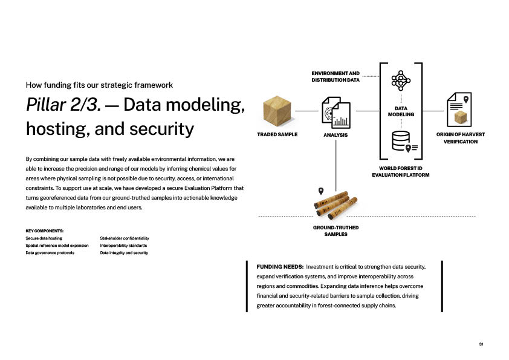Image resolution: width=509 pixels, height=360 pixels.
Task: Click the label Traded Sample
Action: click(x=277, y=134)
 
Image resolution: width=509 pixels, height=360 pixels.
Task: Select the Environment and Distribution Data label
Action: click(x=336, y=76)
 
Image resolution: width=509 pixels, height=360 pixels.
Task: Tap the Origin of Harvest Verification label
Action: click(x=461, y=138)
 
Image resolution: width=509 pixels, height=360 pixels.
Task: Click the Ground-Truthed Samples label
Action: click(x=336, y=231)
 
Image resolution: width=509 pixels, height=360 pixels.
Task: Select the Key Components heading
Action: click(x=45, y=231)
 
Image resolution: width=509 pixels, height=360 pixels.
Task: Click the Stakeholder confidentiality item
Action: click(x=125, y=238)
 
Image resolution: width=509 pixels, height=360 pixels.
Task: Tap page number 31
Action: click(x=481, y=344)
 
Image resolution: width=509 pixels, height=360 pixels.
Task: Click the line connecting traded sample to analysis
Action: click(x=306, y=111)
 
